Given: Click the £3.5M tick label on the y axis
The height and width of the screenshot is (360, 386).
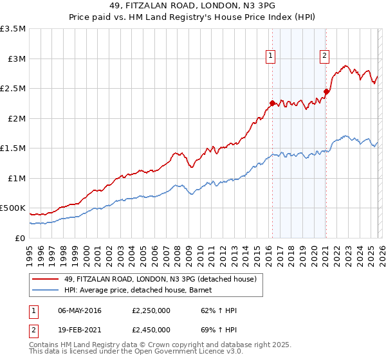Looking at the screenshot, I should click(x=13, y=29).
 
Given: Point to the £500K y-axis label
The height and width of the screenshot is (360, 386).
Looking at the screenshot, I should click(x=13, y=208).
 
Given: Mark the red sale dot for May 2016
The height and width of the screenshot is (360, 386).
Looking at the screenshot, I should click(x=272, y=103).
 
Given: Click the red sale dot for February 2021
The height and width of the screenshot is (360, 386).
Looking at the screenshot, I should click(x=326, y=91).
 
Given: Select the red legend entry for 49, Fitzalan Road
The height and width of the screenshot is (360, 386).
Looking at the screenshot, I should click(x=161, y=279).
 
